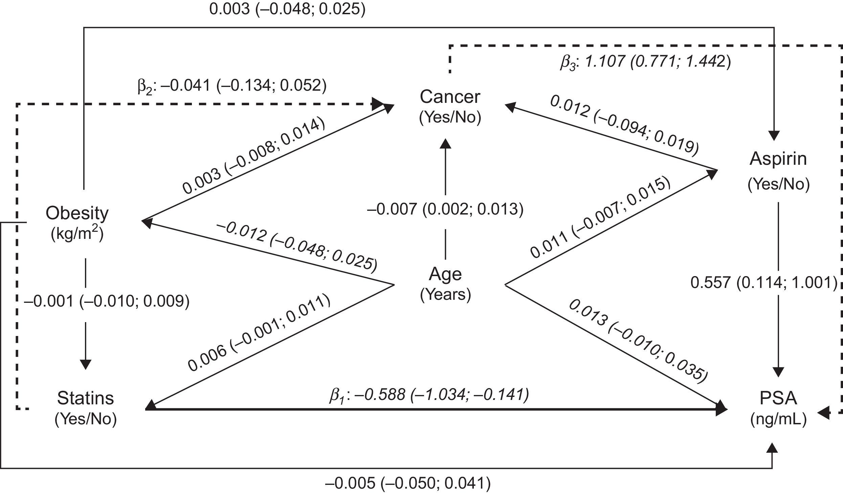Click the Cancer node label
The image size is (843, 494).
tap(450, 97)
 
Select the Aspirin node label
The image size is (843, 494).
tap(778, 159)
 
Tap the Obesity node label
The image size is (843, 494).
tap(77, 213)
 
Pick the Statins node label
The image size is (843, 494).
tap(85, 398)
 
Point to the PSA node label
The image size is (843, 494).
tap(778, 398)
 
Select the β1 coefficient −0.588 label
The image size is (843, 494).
tap(429, 395)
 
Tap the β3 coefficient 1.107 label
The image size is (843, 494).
tap(645, 62)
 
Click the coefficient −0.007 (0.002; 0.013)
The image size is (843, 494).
tap(445, 209)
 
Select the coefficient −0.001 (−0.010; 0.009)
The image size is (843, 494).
tap(106, 301)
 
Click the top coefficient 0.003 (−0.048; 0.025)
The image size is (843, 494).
tap(287, 9)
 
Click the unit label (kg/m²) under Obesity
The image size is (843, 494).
tap(77, 234)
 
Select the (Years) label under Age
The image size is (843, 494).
tap(445, 295)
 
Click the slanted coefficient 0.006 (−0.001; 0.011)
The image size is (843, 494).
tap(259, 333)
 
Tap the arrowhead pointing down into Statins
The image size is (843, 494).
tap(85, 364)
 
